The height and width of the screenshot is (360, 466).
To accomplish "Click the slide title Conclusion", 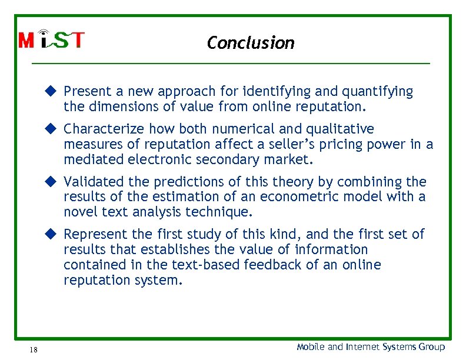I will [251, 43].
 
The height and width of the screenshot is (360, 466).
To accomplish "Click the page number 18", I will [34, 350].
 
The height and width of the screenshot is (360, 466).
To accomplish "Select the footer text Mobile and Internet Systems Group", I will [371, 347].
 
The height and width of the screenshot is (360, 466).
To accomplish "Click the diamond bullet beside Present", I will [51, 91].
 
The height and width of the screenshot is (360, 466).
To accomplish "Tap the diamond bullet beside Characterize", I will [51, 128].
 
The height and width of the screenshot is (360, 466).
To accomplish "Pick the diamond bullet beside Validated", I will [51, 181].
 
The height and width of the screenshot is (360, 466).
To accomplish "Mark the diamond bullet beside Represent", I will [51, 234].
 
